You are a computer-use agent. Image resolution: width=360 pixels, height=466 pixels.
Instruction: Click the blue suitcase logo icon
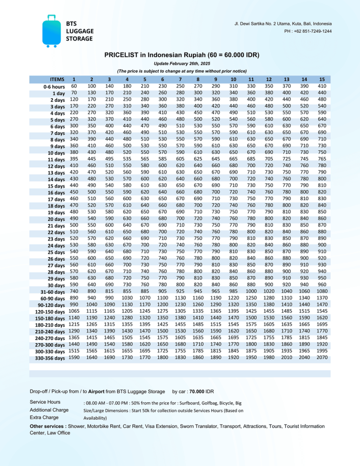(x=51, y=30)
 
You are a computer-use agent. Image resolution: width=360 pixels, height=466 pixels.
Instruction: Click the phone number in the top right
(x=308, y=31)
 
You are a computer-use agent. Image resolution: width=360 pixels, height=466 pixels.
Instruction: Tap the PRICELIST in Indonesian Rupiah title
(x=182, y=55)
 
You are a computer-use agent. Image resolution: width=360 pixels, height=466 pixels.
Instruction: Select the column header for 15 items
(x=322, y=80)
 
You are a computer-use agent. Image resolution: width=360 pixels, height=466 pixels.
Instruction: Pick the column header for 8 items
(x=198, y=80)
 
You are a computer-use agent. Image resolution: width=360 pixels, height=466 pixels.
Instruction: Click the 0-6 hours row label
(x=54, y=86)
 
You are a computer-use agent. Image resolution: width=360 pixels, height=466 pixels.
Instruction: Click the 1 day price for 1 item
(x=74, y=93)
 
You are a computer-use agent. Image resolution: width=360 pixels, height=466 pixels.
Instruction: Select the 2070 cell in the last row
(x=322, y=358)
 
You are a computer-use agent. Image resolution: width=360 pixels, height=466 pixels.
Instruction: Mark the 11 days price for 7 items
(x=180, y=159)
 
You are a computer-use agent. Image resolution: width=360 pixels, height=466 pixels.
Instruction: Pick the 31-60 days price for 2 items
(x=91, y=292)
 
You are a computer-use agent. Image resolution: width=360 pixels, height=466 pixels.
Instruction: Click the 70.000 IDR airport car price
(x=200, y=391)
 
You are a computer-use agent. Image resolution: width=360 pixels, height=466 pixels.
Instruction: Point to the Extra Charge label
(x=44, y=417)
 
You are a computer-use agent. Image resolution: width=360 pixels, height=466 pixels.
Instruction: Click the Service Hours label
(x=45, y=402)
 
